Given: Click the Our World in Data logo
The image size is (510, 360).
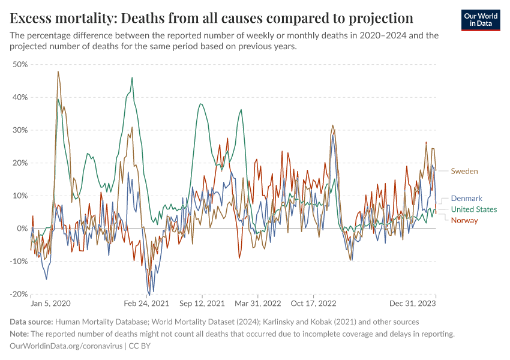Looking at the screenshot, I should (x=481, y=20).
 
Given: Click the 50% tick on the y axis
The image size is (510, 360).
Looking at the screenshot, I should (x=20, y=64).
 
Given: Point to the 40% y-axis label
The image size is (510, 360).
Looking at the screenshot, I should (x=20, y=97).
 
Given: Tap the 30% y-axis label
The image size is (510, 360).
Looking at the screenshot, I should (x=20, y=130).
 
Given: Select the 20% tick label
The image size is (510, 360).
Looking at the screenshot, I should (x=20, y=163).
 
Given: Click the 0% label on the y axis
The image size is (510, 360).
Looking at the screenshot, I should (x=22, y=229).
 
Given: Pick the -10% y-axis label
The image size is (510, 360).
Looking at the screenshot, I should (x=19, y=262).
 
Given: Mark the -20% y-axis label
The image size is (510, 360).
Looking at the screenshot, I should (x=19, y=295).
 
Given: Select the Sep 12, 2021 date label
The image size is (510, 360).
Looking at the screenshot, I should (x=202, y=304).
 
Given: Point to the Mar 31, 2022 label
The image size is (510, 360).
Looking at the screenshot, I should (x=258, y=304).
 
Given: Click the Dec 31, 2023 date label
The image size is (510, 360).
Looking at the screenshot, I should (x=415, y=304).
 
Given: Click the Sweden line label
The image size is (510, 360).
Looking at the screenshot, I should (x=464, y=172).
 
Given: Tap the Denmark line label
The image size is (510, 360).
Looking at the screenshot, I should (x=466, y=199).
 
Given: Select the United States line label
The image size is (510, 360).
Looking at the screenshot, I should (x=473, y=209).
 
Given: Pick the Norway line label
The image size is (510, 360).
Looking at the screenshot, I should (x=464, y=220).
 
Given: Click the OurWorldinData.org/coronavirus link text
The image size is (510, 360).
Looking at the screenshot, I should (x=66, y=346).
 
